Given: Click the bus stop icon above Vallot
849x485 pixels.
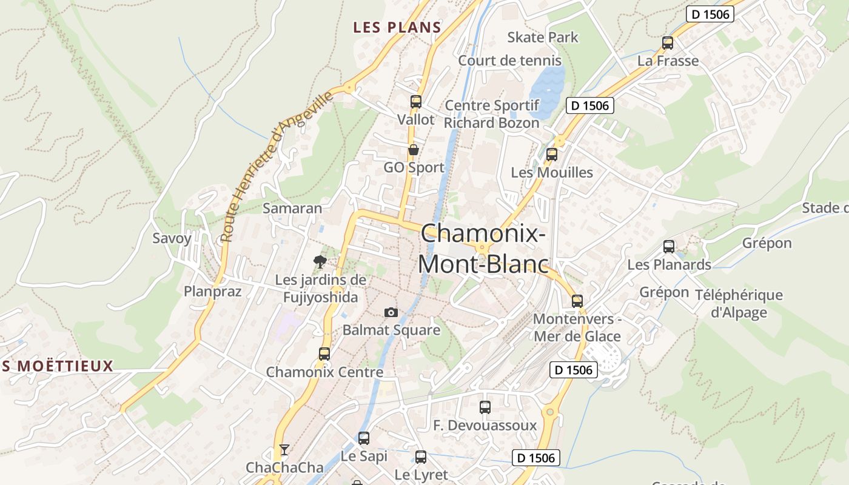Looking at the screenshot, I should pyautogui.click(x=415, y=101).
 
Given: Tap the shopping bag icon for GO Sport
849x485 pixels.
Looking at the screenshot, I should pyautogui.click(x=414, y=149).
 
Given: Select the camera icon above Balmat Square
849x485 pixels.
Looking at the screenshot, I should pyautogui.click(x=391, y=312).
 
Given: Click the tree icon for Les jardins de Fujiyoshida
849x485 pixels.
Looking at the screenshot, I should pyautogui.click(x=320, y=261).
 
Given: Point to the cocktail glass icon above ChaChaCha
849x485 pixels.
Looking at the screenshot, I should pyautogui.click(x=284, y=449).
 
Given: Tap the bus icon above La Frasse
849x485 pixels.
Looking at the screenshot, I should pyautogui.click(x=668, y=42).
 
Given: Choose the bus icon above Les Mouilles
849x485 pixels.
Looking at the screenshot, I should pyautogui.click(x=551, y=154).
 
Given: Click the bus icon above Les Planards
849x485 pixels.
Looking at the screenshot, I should pyautogui.click(x=669, y=246).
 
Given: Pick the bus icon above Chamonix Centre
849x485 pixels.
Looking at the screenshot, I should pyautogui.click(x=324, y=353).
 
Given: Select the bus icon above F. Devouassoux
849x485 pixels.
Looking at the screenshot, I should pyautogui.click(x=485, y=407).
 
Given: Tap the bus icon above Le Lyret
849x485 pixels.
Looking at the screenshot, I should pyautogui.click(x=421, y=457).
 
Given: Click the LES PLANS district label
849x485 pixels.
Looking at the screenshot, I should pyautogui.click(x=397, y=27).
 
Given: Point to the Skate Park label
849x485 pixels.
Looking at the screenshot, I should pyautogui.click(x=543, y=37).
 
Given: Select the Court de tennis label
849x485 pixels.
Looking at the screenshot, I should pyautogui.click(x=509, y=61).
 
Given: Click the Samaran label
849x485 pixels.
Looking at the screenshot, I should pyautogui.click(x=292, y=208).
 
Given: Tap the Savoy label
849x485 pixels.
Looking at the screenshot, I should pyautogui.click(x=172, y=238).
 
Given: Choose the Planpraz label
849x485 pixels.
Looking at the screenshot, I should pyautogui.click(x=213, y=291).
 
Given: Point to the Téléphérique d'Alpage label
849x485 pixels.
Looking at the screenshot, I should pyautogui.click(x=739, y=304).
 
